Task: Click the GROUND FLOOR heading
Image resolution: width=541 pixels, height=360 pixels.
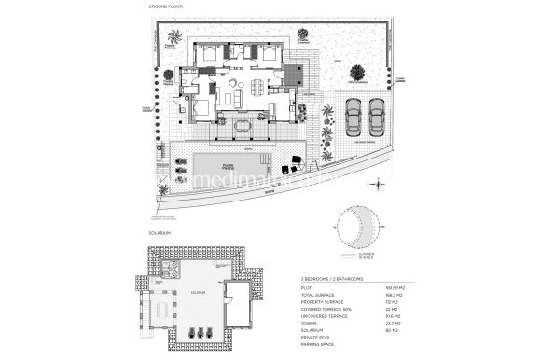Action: [166, 7]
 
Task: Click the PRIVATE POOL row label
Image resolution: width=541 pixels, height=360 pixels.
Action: [312, 337]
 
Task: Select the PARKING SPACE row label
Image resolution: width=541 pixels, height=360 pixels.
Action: [313, 344]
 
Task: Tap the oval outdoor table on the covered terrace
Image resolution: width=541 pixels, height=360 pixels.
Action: [244, 125]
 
